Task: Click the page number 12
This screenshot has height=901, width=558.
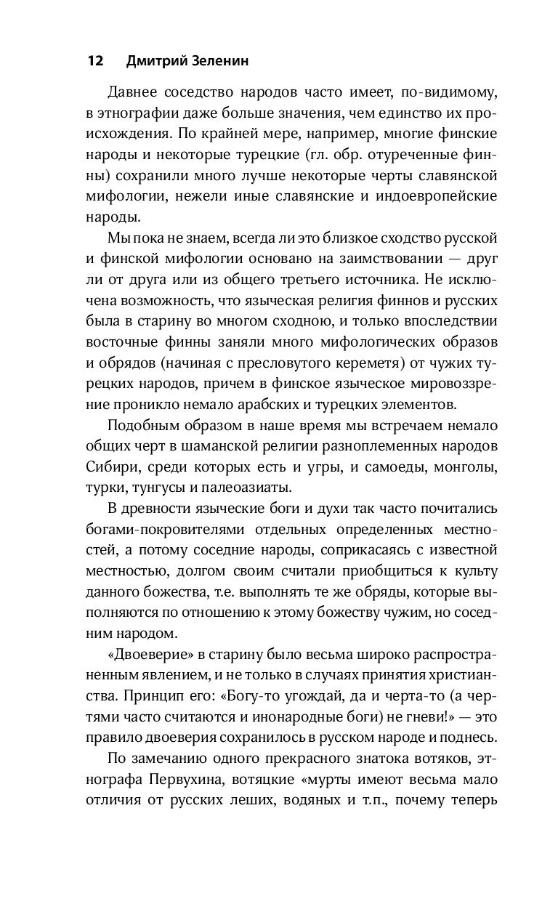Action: click(x=94, y=61)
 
